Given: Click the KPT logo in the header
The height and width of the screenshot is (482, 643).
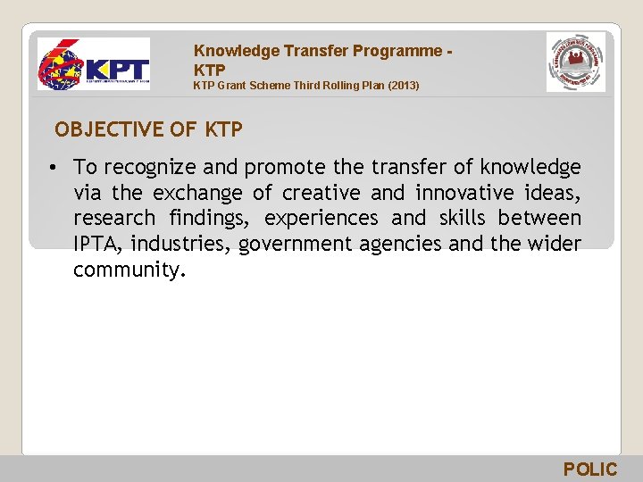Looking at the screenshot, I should coord(94,64).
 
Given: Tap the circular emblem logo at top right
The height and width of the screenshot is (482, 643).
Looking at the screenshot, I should coord(575,62).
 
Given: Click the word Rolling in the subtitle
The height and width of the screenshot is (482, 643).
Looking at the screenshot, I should coord(323,86).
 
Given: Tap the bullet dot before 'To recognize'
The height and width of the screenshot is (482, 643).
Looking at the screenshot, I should coord(54,167).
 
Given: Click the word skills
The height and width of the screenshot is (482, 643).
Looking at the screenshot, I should coord(463,219).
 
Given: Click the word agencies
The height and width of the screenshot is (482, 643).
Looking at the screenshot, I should coord(397,245).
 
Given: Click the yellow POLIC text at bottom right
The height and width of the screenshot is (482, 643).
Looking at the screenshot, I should coord(589,470).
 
